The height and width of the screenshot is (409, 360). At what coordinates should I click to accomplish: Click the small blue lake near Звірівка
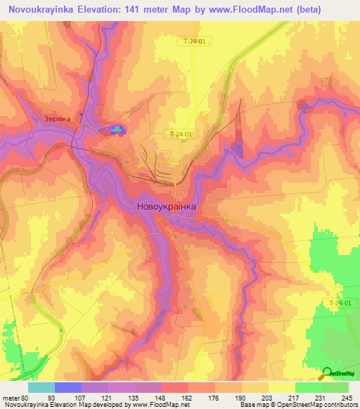115,129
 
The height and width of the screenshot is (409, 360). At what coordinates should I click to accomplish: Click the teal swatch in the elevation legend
41,387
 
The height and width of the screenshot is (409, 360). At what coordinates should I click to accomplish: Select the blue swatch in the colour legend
67,387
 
